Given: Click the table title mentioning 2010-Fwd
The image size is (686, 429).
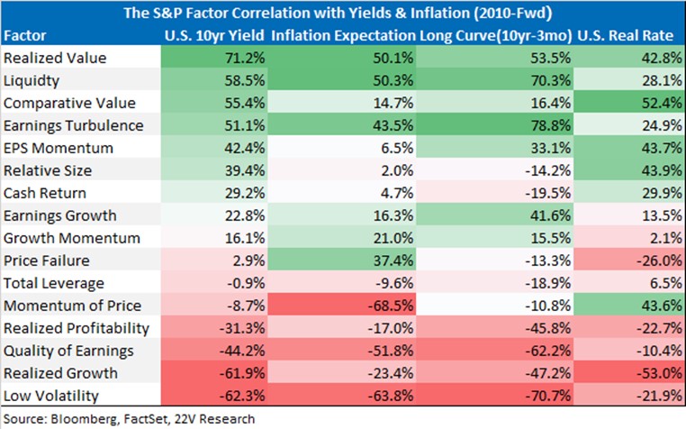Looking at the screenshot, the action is pos(338,13).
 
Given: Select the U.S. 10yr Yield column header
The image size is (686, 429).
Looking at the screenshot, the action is pos(214,35).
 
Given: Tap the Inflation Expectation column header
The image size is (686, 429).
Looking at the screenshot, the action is pos(343,35).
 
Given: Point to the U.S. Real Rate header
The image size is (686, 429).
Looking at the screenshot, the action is pos(625,35).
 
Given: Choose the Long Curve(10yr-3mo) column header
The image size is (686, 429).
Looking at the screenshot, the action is pos(496,36).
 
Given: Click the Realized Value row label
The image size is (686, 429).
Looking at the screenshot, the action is pos(55,58).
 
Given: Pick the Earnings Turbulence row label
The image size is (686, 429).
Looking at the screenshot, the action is pos(74,126).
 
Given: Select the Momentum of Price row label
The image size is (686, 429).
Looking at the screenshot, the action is pos(73,306).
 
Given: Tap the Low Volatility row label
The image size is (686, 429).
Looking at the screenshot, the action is pos(51,396).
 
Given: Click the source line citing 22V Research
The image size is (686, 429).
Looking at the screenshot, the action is pos(129,419).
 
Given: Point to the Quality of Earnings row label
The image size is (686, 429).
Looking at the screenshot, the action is pos(68,351).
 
